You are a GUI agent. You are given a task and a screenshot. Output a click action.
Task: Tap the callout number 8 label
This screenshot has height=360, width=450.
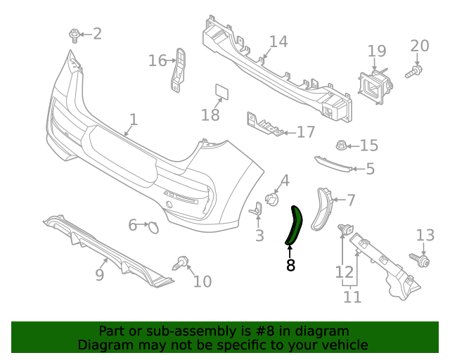coord(290,265)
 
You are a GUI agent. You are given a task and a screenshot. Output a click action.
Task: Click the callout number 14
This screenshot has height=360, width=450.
coord(278,41)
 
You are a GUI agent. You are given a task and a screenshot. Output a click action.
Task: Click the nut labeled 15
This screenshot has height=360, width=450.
coord(341,146)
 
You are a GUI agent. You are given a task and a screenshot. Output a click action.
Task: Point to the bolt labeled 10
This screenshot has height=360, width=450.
coord(181,265)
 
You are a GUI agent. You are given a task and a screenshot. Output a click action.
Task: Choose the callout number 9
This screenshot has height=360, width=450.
coord(100,274)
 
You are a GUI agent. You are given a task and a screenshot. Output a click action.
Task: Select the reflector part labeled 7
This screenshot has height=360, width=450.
coord(323,210)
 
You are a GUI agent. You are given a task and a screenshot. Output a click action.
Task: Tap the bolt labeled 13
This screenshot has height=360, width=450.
coord(424,260)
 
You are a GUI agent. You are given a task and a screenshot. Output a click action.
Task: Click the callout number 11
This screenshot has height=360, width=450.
coord(352,297)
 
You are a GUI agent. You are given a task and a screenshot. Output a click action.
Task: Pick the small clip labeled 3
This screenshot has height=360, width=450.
coord(257,209)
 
